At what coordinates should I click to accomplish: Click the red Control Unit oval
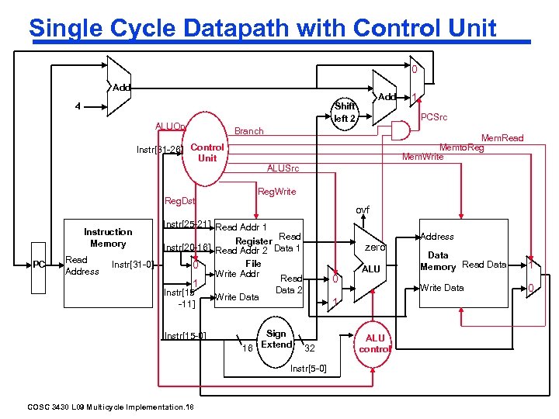pos(207,152)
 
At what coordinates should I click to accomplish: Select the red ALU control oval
pos(375,343)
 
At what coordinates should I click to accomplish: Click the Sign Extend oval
pos(276,339)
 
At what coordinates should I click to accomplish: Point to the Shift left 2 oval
pos(345,113)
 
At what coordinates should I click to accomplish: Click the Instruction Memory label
pos(108,237)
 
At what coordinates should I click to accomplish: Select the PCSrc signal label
pos(436,117)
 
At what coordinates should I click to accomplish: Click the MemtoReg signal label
pos(461,147)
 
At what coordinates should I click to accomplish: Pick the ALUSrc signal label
pos(283,168)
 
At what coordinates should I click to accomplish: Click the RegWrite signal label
pos(276,191)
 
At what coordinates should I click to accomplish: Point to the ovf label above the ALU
pos(363,209)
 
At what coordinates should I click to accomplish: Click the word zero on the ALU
pos(375,248)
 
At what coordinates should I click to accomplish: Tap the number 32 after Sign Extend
pos(309,348)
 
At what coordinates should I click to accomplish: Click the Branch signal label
pos(248,131)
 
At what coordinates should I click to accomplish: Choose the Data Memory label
pos(438,261)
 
